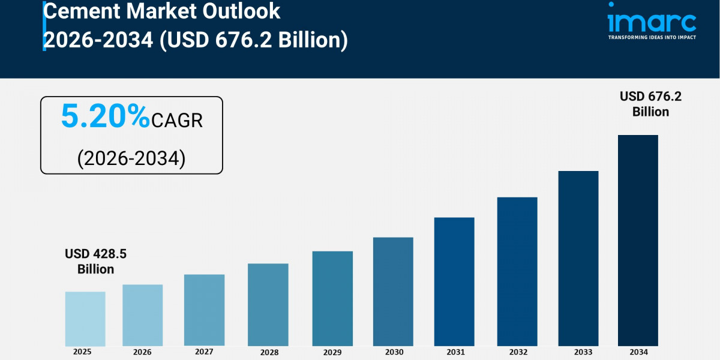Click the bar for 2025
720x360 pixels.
point(85,319)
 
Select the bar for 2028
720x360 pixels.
point(268,305)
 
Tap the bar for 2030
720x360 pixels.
point(393,292)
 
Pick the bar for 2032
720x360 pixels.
point(517,271)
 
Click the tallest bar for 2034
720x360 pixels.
point(638,240)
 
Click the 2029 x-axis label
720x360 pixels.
point(332,352)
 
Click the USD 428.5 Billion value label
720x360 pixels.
point(95,262)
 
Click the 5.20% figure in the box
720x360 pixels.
point(105,117)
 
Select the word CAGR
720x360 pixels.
point(177,121)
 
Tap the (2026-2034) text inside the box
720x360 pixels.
point(131,158)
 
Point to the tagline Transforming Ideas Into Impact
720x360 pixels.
point(652,37)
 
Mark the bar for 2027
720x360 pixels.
point(204,310)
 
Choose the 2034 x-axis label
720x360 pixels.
point(638,352)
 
